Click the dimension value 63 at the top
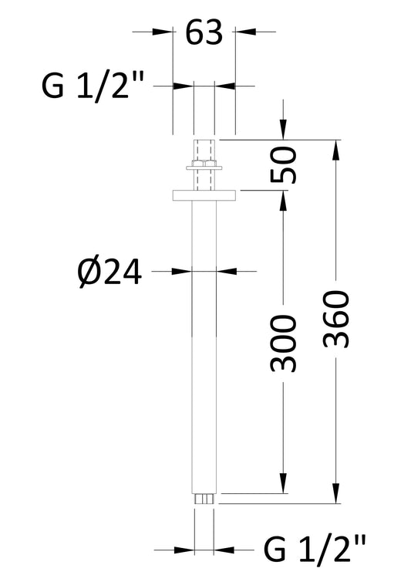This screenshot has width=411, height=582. tap(204, 32)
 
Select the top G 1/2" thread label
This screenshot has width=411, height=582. tap(92, 86)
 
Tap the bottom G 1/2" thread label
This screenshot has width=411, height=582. tap(316, 551)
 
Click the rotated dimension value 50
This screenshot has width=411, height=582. tap(284, 164)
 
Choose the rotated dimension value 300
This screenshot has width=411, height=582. tap(284, 343)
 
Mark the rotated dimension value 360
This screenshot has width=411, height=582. tap(336, 319)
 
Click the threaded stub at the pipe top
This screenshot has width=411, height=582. tap(204, 150)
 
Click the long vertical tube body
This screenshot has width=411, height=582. tap(204, 347)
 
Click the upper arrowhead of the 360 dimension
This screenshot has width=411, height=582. tap(336, 148)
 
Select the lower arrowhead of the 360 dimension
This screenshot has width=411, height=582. tap(336, 495)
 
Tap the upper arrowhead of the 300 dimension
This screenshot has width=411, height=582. tap(284, 200)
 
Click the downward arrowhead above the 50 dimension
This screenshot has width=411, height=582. tap(284, 131)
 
